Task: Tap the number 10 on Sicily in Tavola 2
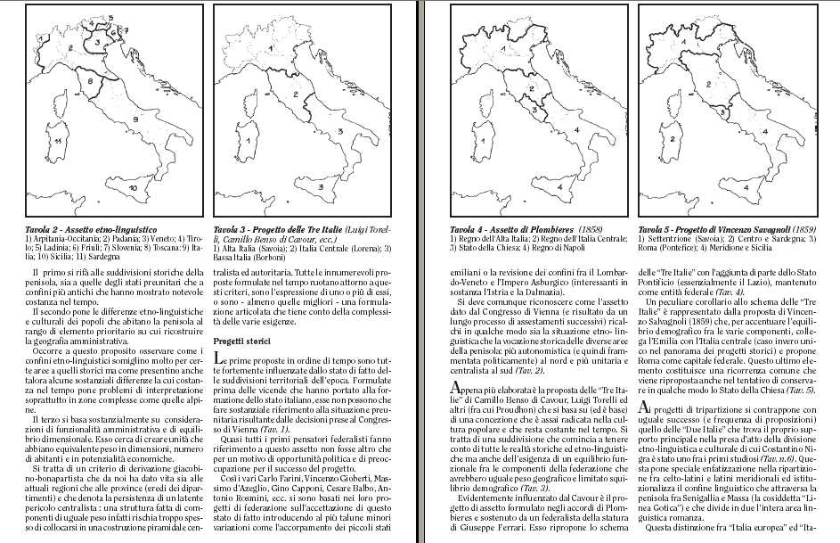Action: pyautogui.click(x=132, y=188)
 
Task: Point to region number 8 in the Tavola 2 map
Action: pyautogui.click(x=91, y=80)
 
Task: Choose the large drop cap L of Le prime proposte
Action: pyautogui.click(x=220, y=360)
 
